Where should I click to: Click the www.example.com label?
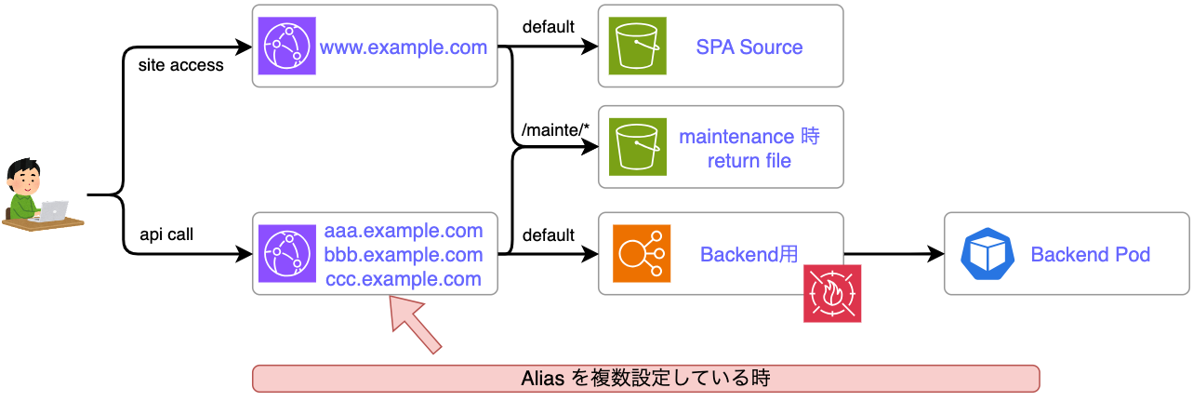[x=404, y=47]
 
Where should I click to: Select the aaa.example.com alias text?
[x=404, y=231]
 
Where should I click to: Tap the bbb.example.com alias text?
[x=404, y=255]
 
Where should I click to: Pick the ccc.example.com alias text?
[x=404, y=279]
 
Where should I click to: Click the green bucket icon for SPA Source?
[x=638, y=47]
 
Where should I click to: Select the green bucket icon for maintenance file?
[x=638, y=148]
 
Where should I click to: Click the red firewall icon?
[x=832, y=294]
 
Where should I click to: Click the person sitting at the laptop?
[x=37, y=195]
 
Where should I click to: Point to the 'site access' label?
[x=181, y=66]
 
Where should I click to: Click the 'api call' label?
[x=166, y=234]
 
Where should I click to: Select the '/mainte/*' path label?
[x=556, y=131]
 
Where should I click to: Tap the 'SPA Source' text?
[x=749, y=47]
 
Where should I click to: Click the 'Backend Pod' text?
[x=1090, y=255]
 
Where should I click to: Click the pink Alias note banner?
[x=645, y=379]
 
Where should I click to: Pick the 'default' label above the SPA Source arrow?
[x=549, y=27]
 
